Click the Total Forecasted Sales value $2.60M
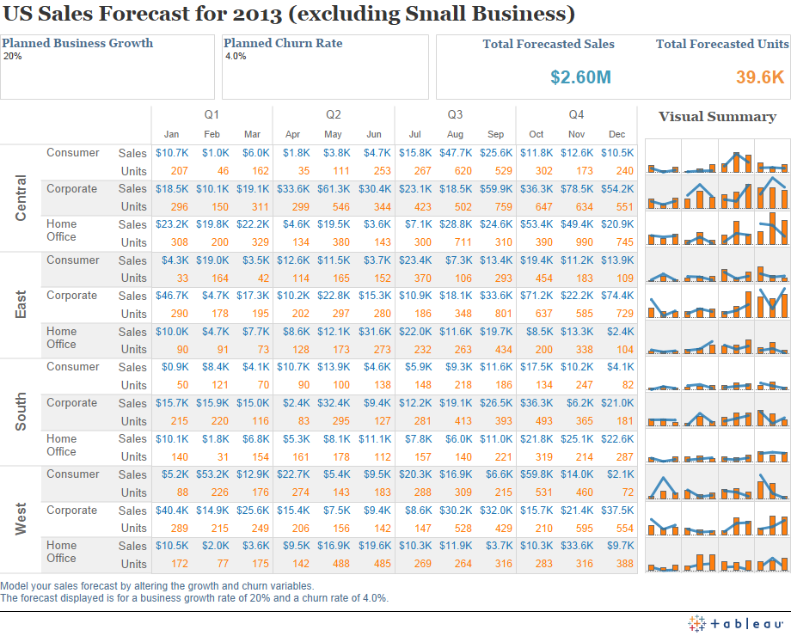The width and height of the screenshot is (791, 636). pos(580,77)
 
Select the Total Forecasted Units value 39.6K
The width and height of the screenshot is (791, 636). pos(759,77)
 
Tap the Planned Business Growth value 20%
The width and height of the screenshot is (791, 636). pos(13,56)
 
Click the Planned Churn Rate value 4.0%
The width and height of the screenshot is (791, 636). pos(235,56)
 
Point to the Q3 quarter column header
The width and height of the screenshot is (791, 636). pos(455,114)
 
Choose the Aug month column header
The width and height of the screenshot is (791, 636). pos(455,134)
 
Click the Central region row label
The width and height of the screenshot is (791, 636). pos(21,198)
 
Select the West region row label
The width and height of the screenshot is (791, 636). pos(21,519)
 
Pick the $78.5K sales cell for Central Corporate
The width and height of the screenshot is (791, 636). pos(576,189)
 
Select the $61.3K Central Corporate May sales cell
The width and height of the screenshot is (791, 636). pos(333,189)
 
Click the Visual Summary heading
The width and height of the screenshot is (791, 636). pos(717,117)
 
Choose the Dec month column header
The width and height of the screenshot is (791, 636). pos(616,134)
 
